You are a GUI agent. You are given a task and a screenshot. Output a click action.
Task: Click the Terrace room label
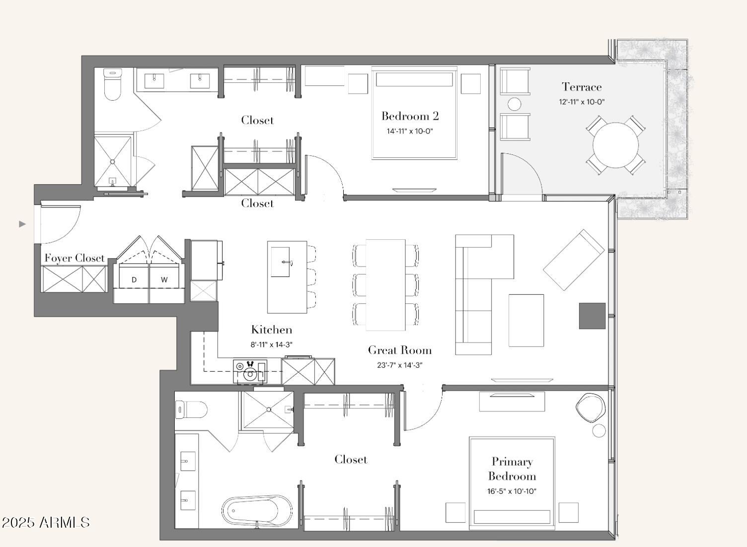point(582,87)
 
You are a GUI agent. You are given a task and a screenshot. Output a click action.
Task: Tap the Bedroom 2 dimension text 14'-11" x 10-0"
point(410,132)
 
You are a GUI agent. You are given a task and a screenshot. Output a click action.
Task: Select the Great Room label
point(400,350)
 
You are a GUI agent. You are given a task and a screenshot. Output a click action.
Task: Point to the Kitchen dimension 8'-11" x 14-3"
point(272,344)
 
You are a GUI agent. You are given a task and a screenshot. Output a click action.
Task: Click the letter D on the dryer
point(134,279)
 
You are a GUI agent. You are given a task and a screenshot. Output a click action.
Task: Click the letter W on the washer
point(164,279)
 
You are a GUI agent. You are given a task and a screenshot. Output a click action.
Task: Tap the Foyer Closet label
point(75,258)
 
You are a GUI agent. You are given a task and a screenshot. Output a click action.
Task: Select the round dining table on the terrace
point(615,145)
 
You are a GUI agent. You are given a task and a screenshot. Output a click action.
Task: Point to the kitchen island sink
point(280,262)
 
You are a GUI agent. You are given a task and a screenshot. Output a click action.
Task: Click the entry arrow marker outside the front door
point(22,224)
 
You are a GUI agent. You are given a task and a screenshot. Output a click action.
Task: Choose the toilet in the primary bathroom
point(191,410)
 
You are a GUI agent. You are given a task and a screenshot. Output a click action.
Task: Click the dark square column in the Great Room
point(592,316)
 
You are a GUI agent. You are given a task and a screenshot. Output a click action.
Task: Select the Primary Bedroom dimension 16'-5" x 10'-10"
point(512,491)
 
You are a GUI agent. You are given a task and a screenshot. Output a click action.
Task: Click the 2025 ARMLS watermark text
point(46,522)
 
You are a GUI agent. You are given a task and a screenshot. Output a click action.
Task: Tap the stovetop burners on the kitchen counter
point(250,371)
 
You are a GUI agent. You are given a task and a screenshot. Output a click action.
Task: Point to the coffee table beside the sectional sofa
point(526,320)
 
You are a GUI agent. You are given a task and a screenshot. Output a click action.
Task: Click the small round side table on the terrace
point(514,104)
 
